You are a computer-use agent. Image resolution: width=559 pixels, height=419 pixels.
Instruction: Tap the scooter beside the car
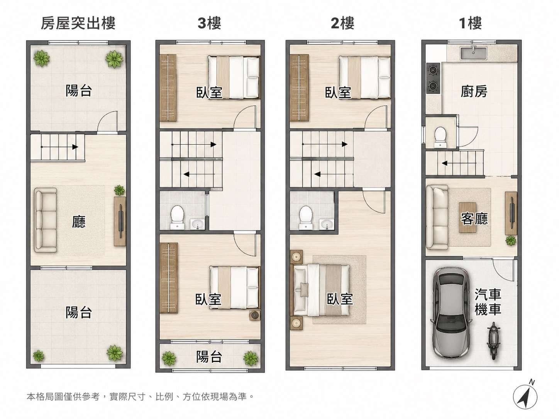493,341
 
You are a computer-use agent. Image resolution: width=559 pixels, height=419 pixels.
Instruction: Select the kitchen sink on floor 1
473,52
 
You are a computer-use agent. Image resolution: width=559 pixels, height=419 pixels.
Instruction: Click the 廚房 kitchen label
474,91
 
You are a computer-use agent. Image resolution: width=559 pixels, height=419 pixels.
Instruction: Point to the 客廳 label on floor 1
474,218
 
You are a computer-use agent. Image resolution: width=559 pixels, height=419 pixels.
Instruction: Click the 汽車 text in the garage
488,294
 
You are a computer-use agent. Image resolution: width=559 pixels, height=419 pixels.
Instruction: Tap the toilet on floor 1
440,137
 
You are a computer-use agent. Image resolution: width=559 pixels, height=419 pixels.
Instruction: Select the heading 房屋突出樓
78,23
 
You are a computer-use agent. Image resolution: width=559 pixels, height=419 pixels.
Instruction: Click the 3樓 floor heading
209,23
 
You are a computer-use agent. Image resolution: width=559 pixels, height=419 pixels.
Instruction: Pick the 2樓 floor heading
342,23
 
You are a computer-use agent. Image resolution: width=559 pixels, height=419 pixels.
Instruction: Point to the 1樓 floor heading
470,23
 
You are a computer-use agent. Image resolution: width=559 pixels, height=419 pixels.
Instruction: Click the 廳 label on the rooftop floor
79,221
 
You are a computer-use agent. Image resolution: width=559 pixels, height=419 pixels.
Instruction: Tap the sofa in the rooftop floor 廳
45,220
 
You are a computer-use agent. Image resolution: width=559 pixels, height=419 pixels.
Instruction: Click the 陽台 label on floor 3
209,356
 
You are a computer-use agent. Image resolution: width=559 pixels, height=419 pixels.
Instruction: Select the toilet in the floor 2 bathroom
306,217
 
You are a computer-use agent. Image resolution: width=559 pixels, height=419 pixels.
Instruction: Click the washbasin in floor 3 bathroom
197,225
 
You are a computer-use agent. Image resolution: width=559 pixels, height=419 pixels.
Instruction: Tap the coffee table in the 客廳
468,217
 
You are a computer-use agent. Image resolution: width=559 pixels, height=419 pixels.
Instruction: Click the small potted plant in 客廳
511,240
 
